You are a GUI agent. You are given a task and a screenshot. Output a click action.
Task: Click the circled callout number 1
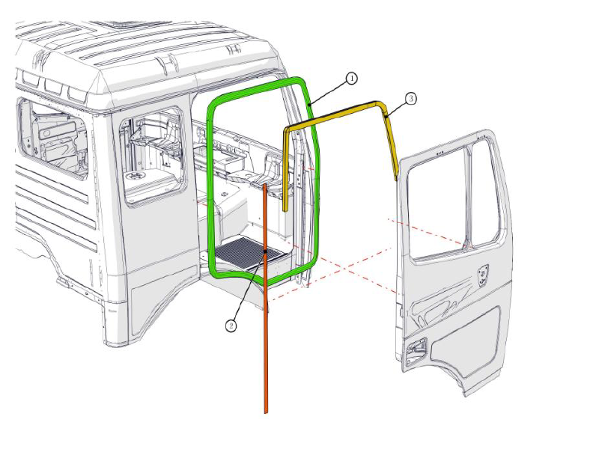351,78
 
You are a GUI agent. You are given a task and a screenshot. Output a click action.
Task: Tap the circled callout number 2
232,325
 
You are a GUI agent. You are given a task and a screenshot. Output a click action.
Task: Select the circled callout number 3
410,98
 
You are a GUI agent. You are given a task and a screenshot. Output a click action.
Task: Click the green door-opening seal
211,187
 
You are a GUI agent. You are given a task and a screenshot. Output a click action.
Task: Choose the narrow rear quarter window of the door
484,192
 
